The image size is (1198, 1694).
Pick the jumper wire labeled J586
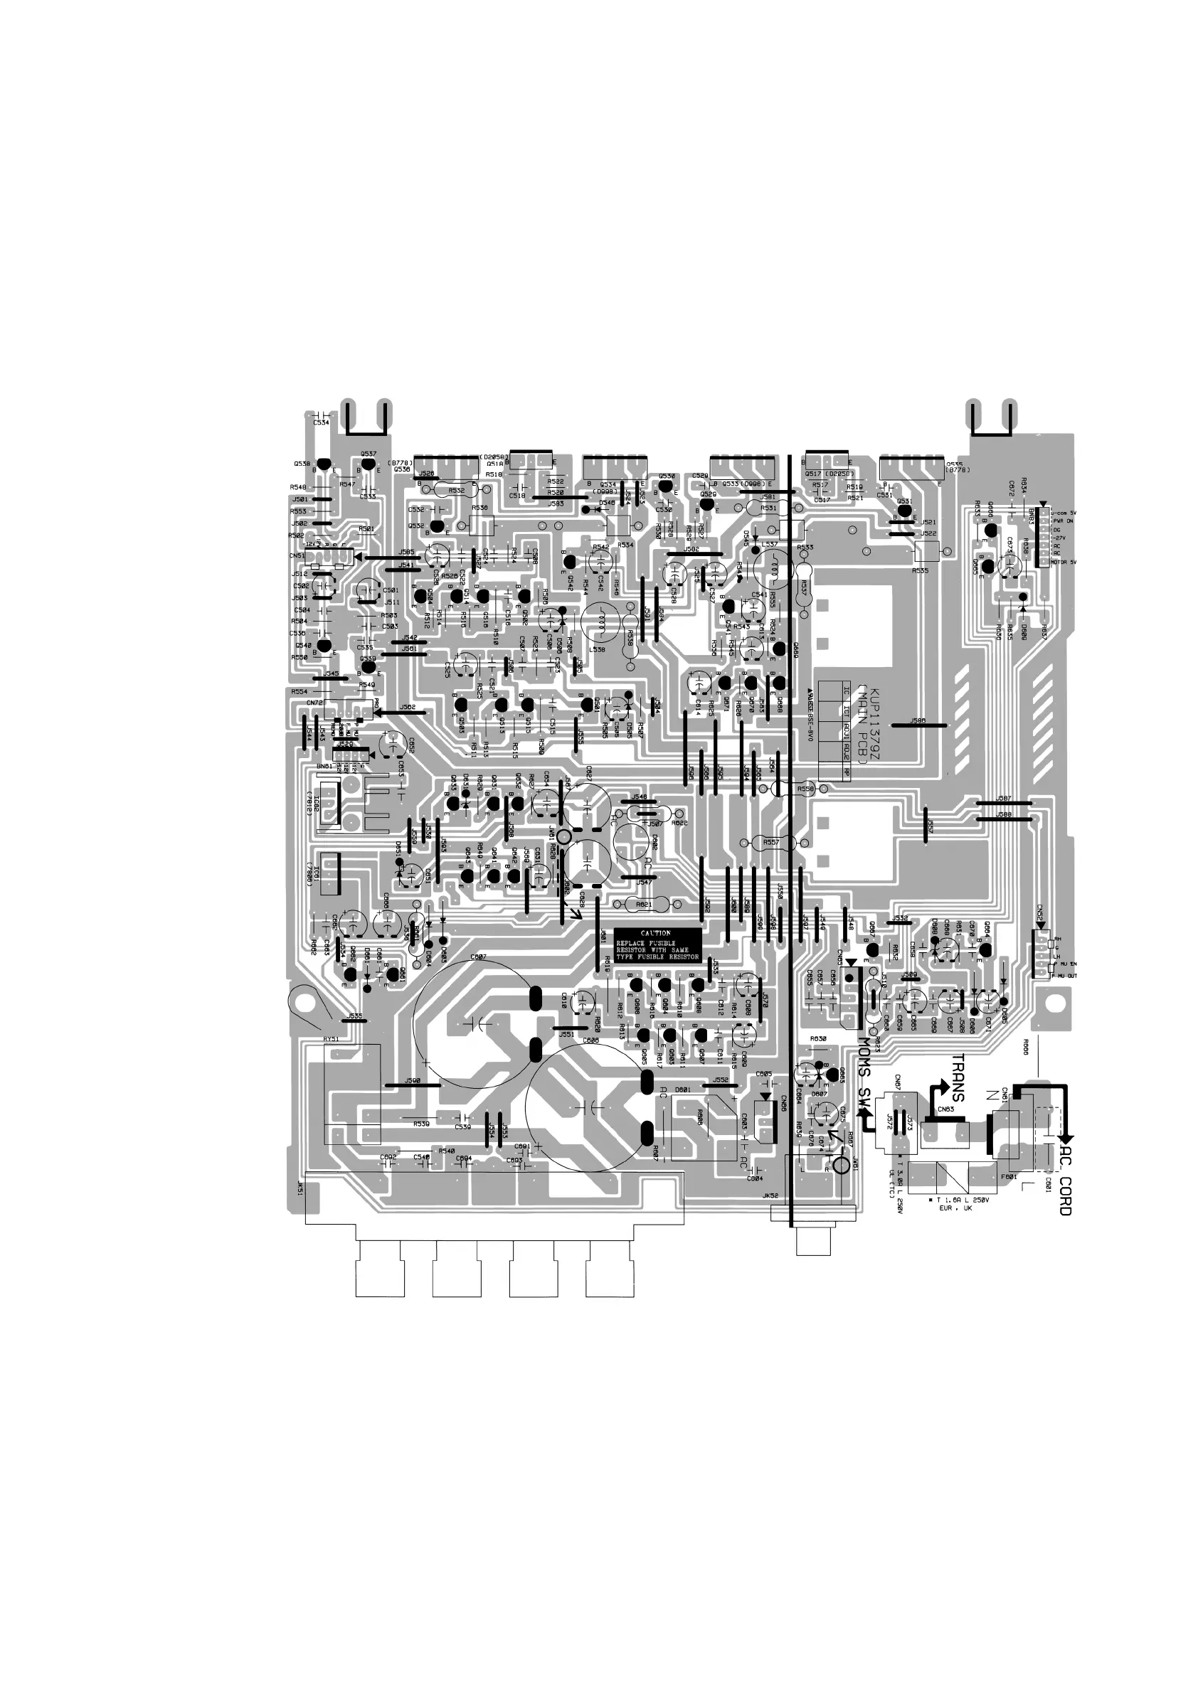(x=918, y=725)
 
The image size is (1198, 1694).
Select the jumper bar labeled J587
(x=1003, y=803)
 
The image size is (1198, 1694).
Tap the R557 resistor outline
(x=770, y=843)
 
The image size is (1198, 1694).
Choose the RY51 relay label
(x=331, y=1039)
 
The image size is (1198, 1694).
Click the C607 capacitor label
(x=477, y=958)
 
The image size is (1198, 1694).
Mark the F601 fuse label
(x=1009, y=1177)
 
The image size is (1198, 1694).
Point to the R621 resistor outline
(x=643, y=904)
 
